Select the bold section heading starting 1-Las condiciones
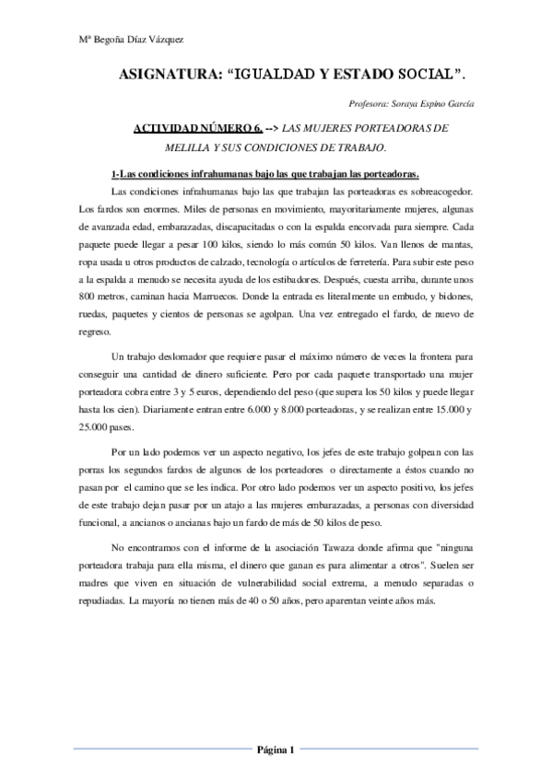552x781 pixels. pos(264,174)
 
